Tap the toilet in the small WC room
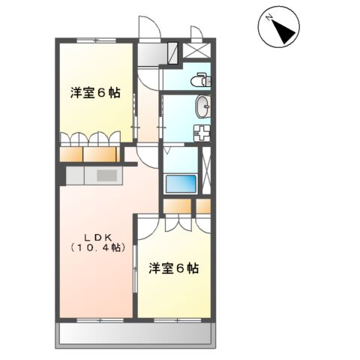(200, 77)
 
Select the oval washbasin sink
(203, 107)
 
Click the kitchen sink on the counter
(104, 176)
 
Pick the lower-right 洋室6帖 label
(172, 268)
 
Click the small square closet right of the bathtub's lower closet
(203, 205)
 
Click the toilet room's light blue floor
(180, 79)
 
